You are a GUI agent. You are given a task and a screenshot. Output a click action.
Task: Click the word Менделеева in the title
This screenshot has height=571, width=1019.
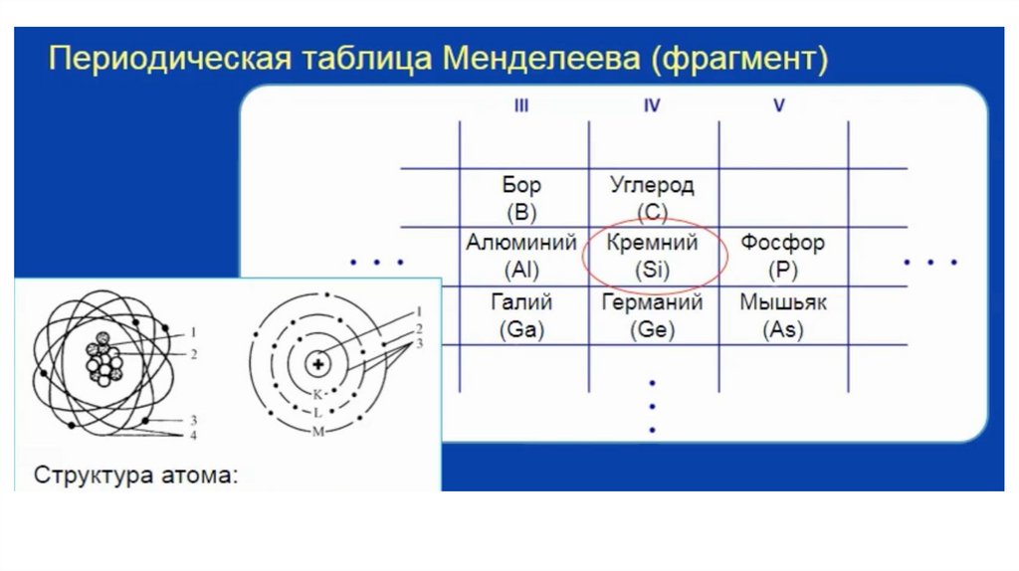[538, 59]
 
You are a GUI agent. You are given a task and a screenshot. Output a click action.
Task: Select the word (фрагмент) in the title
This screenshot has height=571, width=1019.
[739, 59]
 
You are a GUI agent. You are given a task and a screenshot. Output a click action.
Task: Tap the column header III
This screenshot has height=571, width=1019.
[521, 106]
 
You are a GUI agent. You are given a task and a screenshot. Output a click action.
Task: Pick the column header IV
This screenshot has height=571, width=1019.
[652, 106]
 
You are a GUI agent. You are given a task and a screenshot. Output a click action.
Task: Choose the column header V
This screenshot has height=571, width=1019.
[779, 106]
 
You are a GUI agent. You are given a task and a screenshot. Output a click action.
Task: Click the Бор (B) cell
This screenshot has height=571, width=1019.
[522, 198]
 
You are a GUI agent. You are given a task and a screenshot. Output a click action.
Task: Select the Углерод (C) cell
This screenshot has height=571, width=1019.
[652, 198]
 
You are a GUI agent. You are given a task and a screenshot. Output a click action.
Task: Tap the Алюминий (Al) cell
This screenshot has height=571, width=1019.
[521, 256]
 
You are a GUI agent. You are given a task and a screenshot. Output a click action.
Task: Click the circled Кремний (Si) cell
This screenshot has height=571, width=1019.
[653, 256]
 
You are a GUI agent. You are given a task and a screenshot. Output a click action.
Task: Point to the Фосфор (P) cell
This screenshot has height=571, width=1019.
[782, 256]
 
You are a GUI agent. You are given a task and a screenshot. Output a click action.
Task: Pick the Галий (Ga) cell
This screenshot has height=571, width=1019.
[521, 316]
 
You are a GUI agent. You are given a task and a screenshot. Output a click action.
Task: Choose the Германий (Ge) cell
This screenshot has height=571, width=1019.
[653, 316]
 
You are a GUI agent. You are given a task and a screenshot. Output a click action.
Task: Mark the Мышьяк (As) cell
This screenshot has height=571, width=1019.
[782, 316]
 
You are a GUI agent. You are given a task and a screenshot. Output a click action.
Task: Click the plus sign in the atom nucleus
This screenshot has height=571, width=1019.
[318, 365]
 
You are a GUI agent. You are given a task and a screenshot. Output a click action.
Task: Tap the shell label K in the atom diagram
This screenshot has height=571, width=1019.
[317, 394]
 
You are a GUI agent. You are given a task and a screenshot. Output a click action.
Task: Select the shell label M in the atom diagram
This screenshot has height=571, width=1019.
[317, 431]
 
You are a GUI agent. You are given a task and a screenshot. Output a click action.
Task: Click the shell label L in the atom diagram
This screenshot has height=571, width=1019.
[317, 412]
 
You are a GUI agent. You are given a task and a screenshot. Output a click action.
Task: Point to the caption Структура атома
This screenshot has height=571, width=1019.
[137, 475]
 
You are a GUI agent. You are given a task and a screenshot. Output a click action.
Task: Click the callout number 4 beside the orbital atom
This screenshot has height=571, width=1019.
[194, 435]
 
